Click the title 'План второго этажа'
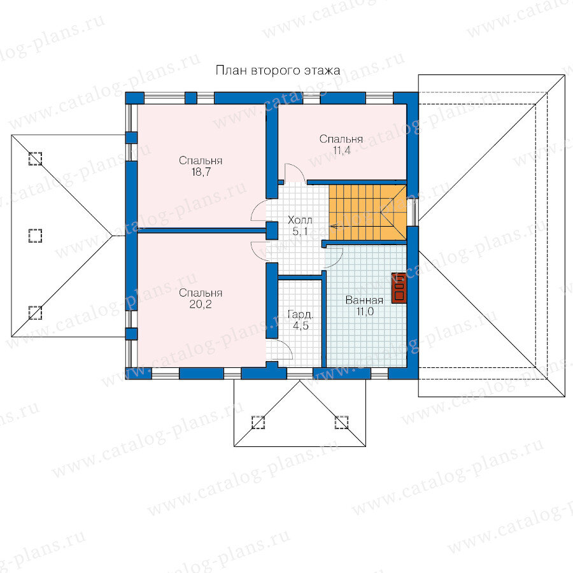click(278, 70)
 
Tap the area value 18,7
click(201, 172)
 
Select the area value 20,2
click(201, 304)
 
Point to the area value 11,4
click(342, 150)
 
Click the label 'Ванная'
click(364, 300)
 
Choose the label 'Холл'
click(300, 220)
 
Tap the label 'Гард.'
click(301, 315)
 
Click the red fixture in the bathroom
click(399, 288)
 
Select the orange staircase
click(367, 212)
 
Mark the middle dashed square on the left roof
click(35, 236)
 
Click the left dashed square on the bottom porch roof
click(258, 422)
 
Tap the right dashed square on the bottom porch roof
click(342, 422)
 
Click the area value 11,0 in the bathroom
click(365, 312)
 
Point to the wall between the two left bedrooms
click(202, 230)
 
